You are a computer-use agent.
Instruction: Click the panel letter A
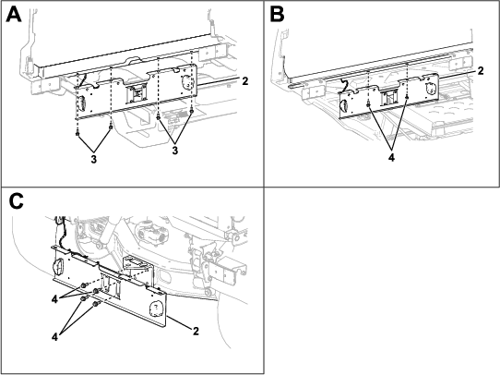14,15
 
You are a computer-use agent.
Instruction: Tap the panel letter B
277,15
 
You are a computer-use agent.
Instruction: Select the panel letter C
17,201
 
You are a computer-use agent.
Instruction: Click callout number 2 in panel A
244,81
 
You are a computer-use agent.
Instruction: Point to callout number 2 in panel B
481,70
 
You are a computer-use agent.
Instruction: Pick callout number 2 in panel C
196,331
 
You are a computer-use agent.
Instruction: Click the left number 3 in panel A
93,159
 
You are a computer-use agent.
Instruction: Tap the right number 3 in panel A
174,151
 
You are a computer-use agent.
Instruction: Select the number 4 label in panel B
391,157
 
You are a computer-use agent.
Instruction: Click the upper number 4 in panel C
54,299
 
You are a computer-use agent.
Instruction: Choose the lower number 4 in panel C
54,337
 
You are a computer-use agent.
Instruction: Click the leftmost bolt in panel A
77,133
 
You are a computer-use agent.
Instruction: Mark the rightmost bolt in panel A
191,111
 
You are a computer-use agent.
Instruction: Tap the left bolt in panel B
368,104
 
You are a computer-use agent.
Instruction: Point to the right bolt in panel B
407,96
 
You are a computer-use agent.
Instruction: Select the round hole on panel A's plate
186,82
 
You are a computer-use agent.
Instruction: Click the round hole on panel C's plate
156,308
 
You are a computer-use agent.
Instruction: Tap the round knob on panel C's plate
58,265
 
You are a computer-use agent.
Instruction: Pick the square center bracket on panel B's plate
389,98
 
